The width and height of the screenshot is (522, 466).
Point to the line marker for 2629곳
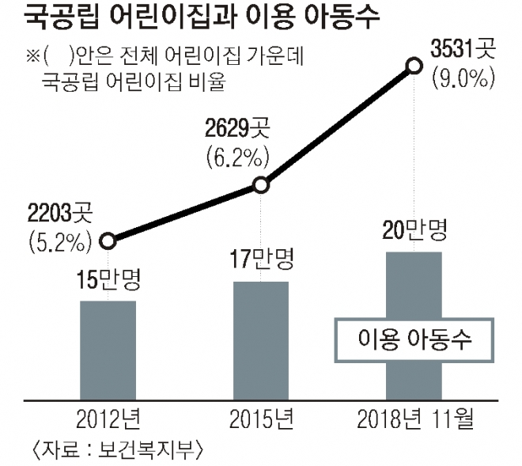tap(262, 186)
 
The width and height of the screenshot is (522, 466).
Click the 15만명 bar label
tap(108, 282)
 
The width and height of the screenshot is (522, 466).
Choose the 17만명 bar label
tap(262, 261)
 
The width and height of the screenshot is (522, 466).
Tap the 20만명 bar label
tap(414, 231)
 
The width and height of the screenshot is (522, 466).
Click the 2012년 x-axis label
tap(108, 418)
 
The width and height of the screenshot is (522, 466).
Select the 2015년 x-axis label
tap(262, 418)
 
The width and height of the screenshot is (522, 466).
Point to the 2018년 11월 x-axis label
tap(414, 418)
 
